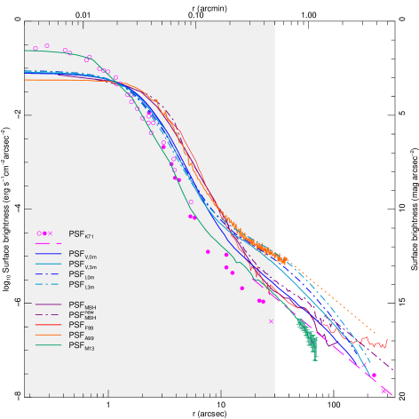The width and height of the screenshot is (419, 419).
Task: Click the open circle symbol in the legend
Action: click(38, 233)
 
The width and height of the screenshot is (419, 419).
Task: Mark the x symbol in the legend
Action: click(51, 233)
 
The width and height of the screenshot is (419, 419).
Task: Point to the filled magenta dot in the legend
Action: click(44, 233)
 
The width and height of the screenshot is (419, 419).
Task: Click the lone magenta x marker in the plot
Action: click(271, 321)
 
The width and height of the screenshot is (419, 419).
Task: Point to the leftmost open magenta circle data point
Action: click(36, 48)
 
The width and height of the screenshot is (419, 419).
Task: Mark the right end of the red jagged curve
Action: click(386, 341)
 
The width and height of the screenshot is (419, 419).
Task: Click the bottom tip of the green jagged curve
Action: click(316, 360)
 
